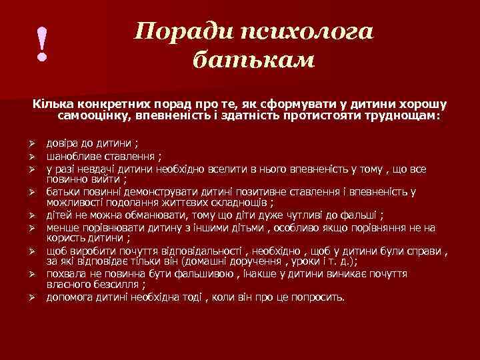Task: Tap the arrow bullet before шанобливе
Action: [31, 157]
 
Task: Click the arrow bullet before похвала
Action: [31, 273]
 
